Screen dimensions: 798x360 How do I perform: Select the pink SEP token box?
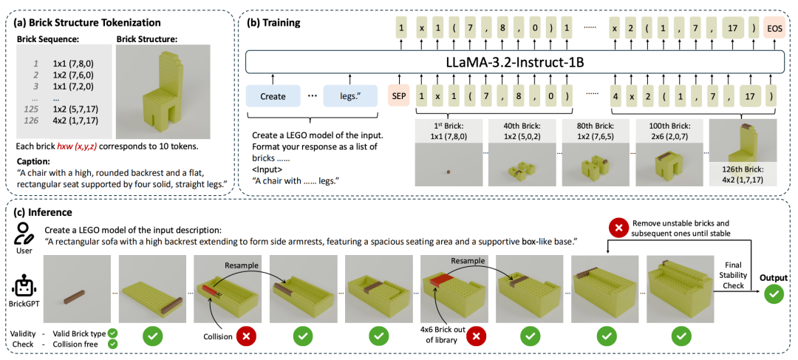pos(398,95)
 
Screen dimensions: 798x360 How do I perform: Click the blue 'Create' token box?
pos(273,95)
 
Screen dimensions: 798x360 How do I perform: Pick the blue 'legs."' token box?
pos(350,95)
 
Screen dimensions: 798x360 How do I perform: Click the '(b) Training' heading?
pos(273,23)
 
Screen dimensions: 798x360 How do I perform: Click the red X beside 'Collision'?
pos(248,337)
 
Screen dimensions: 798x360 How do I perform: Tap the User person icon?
pos(24,235)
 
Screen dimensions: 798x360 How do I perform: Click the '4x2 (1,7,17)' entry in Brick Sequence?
pos(76,122)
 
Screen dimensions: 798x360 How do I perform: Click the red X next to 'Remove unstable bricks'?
pos(619,228)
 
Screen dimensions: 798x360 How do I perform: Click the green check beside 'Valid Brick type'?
pos(112,333)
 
